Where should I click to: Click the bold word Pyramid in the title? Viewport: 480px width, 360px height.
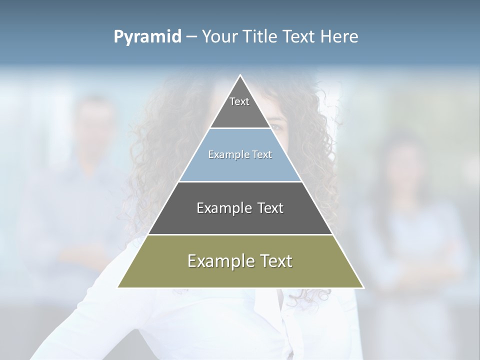[147, 37]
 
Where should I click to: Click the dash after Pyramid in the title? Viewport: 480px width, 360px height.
[191, 37]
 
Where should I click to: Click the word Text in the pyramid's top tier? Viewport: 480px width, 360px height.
[239, 101]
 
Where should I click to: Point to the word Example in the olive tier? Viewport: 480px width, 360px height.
[219, 261]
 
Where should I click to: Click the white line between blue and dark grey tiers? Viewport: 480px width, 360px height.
[240, 181]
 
